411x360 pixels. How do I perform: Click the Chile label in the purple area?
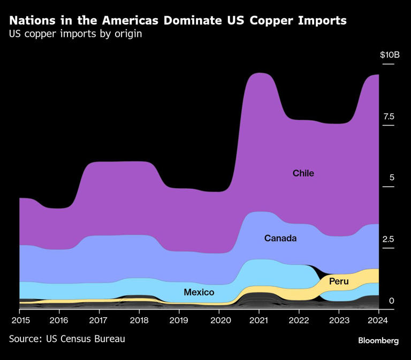pos(303,173)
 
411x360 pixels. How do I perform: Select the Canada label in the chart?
pos(280,238)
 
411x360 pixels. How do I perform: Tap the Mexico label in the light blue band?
pos(199,292)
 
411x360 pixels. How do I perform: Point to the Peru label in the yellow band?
pos(339,281)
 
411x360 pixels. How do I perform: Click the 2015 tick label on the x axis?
pos(19,320)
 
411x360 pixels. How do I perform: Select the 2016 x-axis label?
pos(59,320)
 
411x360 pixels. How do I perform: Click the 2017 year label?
pos(99,320)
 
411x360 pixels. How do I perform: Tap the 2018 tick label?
pos(139,320)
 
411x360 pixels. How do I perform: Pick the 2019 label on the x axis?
pos(179,320)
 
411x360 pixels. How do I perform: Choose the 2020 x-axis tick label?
pos(219,320)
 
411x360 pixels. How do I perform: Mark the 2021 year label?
pos(259,320)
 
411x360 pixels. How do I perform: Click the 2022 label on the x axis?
pos(299,320)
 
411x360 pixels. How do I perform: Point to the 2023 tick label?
pos(339,320)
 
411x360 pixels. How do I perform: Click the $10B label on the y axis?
pos(390,55)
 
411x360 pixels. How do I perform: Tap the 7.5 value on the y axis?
pos(389,117)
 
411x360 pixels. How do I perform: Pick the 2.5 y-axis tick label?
pos(389,239)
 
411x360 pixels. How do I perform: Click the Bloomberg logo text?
pos(378,341)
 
